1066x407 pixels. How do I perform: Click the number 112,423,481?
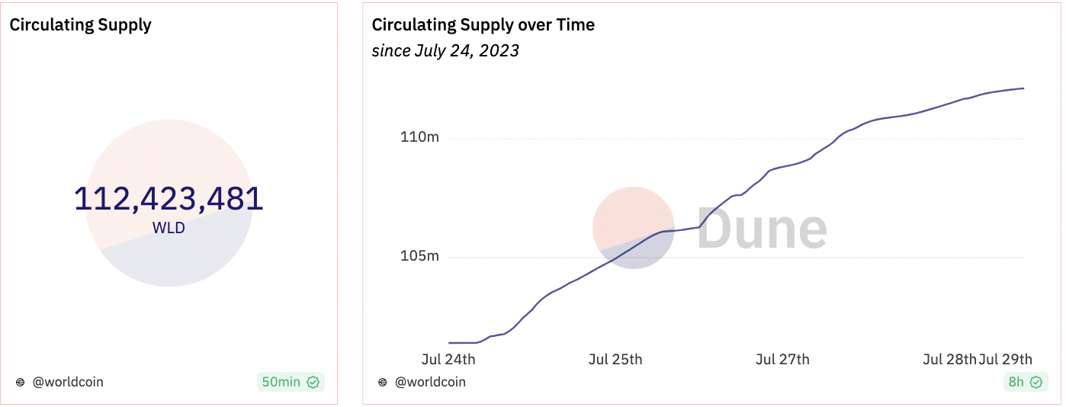169,199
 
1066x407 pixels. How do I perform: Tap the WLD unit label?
169,227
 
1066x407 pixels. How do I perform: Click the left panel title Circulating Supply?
80,24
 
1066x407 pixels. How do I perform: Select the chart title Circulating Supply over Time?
483,24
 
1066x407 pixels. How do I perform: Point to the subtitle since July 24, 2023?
445,51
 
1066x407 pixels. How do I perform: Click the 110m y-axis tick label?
419,138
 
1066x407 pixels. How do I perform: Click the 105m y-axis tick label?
419,256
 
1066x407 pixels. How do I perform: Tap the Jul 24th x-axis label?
448,359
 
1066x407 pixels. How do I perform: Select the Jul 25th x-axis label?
615,359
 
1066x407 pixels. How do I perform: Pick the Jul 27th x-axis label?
782,359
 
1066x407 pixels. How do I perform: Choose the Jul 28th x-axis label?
949,359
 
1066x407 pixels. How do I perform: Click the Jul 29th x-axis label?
1006,359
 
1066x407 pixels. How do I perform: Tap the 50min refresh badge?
281,382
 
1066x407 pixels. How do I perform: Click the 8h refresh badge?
1016,382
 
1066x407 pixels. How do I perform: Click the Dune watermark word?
762,228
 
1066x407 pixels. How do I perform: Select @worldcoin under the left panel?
67,382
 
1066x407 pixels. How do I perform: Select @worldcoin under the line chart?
430,382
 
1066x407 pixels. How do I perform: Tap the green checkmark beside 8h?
1035,382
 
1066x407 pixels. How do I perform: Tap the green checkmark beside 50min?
313,382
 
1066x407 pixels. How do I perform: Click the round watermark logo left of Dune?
633,228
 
